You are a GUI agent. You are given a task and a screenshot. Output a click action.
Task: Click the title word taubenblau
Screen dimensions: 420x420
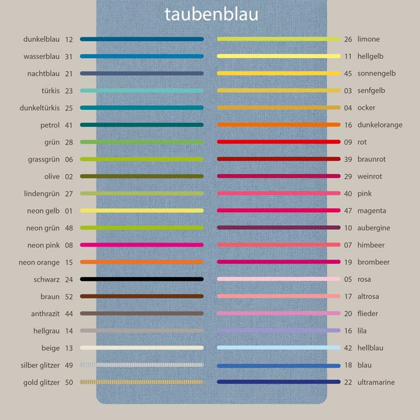[211, 14]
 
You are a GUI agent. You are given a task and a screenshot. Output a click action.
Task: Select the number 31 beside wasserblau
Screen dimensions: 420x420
[69, 56]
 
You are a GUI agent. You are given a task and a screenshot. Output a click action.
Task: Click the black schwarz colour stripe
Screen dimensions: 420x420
[142, 279]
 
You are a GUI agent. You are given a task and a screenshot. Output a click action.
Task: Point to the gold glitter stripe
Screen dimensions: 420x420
[142, 382]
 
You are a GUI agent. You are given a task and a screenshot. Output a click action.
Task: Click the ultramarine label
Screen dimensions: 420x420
[376, 382]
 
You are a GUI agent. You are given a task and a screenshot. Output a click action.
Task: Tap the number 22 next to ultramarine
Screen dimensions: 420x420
[348, 382]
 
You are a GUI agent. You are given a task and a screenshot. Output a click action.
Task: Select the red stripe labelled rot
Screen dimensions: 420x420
[279, 142]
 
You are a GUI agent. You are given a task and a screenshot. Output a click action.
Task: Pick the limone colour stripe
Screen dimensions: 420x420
[279, 39]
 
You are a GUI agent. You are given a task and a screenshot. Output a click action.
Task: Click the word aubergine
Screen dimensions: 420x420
[373, 228]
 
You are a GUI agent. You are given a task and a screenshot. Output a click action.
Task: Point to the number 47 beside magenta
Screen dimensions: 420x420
[348, 211]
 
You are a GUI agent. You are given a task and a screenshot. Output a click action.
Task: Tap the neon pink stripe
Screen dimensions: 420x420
[142, 245]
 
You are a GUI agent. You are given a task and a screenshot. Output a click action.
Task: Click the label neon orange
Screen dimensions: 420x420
[39, 262]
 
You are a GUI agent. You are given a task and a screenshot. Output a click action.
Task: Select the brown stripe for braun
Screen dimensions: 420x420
[142, 297]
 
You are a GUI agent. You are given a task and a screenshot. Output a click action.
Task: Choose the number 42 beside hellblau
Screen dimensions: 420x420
[348, 348]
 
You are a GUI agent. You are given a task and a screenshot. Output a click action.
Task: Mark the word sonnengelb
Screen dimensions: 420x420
[376, 73]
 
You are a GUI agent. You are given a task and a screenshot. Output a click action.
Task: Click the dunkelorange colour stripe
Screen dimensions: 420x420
[279, 124]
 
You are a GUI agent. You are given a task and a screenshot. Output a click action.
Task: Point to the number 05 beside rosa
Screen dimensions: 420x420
[348, 279]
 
